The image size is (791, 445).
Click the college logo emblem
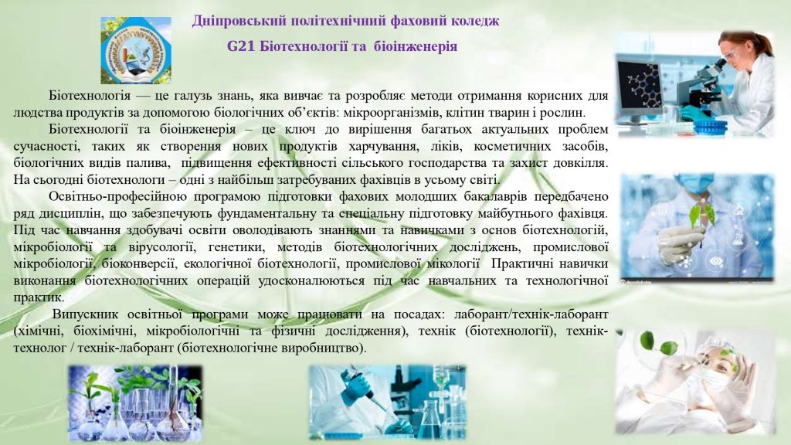[x=136, y=50]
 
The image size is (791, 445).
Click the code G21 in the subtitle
[x=241, y=46]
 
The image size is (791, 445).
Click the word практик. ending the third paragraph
[x=39, y=297]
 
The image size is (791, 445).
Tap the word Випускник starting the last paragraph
[x=85, y=314]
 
